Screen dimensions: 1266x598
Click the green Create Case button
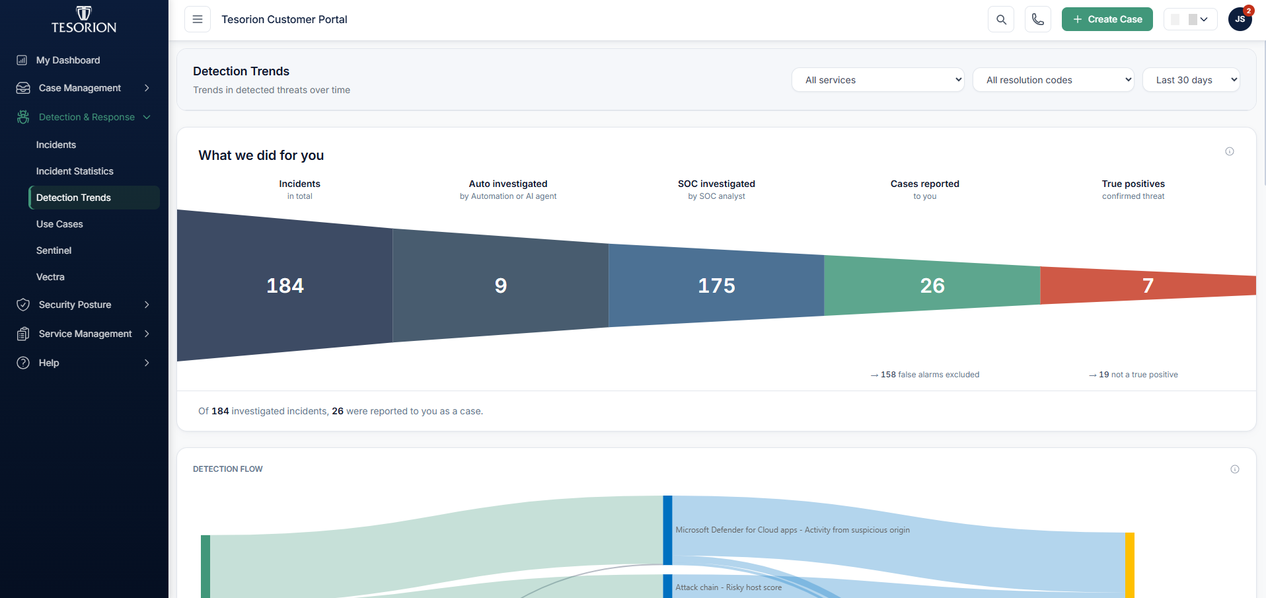(x=1107, y=19)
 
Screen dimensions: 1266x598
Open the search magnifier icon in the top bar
(x=1001, y=19)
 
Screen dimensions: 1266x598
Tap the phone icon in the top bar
(x=1038, y=19)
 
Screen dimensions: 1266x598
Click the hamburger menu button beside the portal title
(x=198, y=19)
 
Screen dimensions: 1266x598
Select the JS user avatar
(x=1240, y=19)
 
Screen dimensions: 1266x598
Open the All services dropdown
(x=878, y=80)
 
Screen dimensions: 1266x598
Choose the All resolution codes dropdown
(x=1053, y=80)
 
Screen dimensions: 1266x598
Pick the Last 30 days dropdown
(x=1191, y=80)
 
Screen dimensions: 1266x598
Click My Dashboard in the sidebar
(x=68, y=60)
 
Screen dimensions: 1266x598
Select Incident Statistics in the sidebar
(x=75, y=171)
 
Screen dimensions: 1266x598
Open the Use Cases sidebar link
(x=59, y=224)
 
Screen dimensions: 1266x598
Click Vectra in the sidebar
(x=50, y=277)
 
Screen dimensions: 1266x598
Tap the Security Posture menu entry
(x=75, y=305)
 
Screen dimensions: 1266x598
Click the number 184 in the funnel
(x=285, y=285)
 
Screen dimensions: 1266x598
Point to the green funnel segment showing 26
(x=932, y=285)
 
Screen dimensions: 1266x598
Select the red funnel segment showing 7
(x=1148, y=285)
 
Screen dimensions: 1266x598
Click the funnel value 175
(x=716, y=285)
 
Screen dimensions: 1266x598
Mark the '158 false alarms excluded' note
(x=925, y=375)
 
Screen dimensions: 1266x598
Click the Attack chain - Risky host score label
(x=728, y=587)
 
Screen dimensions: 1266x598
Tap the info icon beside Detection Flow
(x=1235, y=469)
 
